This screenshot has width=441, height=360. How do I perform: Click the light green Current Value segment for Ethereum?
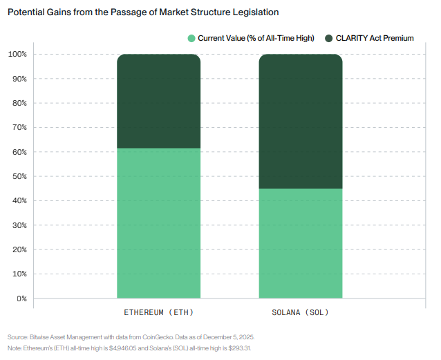coord(158,223)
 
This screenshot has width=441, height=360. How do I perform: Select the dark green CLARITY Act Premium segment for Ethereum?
coord(158,101)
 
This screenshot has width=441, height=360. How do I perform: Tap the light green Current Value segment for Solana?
coord(301,243)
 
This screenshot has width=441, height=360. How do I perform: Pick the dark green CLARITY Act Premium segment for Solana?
coord(301,121)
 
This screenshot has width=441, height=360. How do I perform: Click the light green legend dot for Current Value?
coord(191,38)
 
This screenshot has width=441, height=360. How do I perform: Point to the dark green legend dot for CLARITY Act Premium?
coord(329,38)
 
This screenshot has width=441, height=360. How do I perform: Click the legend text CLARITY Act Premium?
coord(375,38)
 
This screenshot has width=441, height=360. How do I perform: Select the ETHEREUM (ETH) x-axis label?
coord(158,312)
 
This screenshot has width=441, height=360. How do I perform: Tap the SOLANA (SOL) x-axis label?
coord(300,312)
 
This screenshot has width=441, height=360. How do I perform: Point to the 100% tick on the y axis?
coord(17,54)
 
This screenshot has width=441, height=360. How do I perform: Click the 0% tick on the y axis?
coord(21,299)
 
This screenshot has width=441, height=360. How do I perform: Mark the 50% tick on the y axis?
coord(19,176)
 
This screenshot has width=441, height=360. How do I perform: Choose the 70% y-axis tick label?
coord(19,127)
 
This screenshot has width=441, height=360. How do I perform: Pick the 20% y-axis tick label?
coord(19,249)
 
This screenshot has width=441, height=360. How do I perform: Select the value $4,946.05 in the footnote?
coord(122,348)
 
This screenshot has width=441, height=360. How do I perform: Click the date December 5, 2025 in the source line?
coord(229,337)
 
